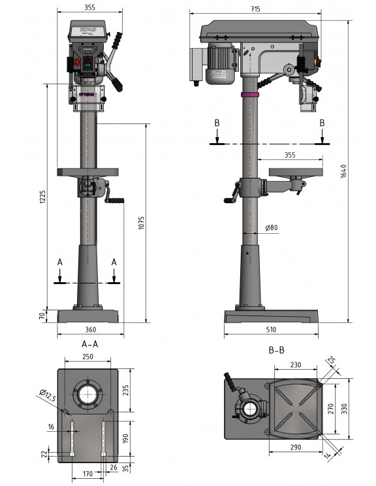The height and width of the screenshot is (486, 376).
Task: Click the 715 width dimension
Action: pos(255,8)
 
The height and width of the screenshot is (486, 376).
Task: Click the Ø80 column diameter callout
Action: pos(272,228)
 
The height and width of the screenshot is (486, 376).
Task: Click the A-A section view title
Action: pos(89,344)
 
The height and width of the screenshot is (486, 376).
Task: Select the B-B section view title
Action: pos(276,350)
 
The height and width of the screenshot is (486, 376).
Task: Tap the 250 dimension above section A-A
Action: pos(87,357)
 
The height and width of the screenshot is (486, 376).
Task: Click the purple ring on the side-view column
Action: pos(249,95)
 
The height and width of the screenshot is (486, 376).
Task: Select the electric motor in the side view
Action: pos(221,65)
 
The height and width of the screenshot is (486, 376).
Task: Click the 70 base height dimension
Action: pos(41,316)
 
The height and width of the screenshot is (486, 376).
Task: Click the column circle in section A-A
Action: pos(88,395)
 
